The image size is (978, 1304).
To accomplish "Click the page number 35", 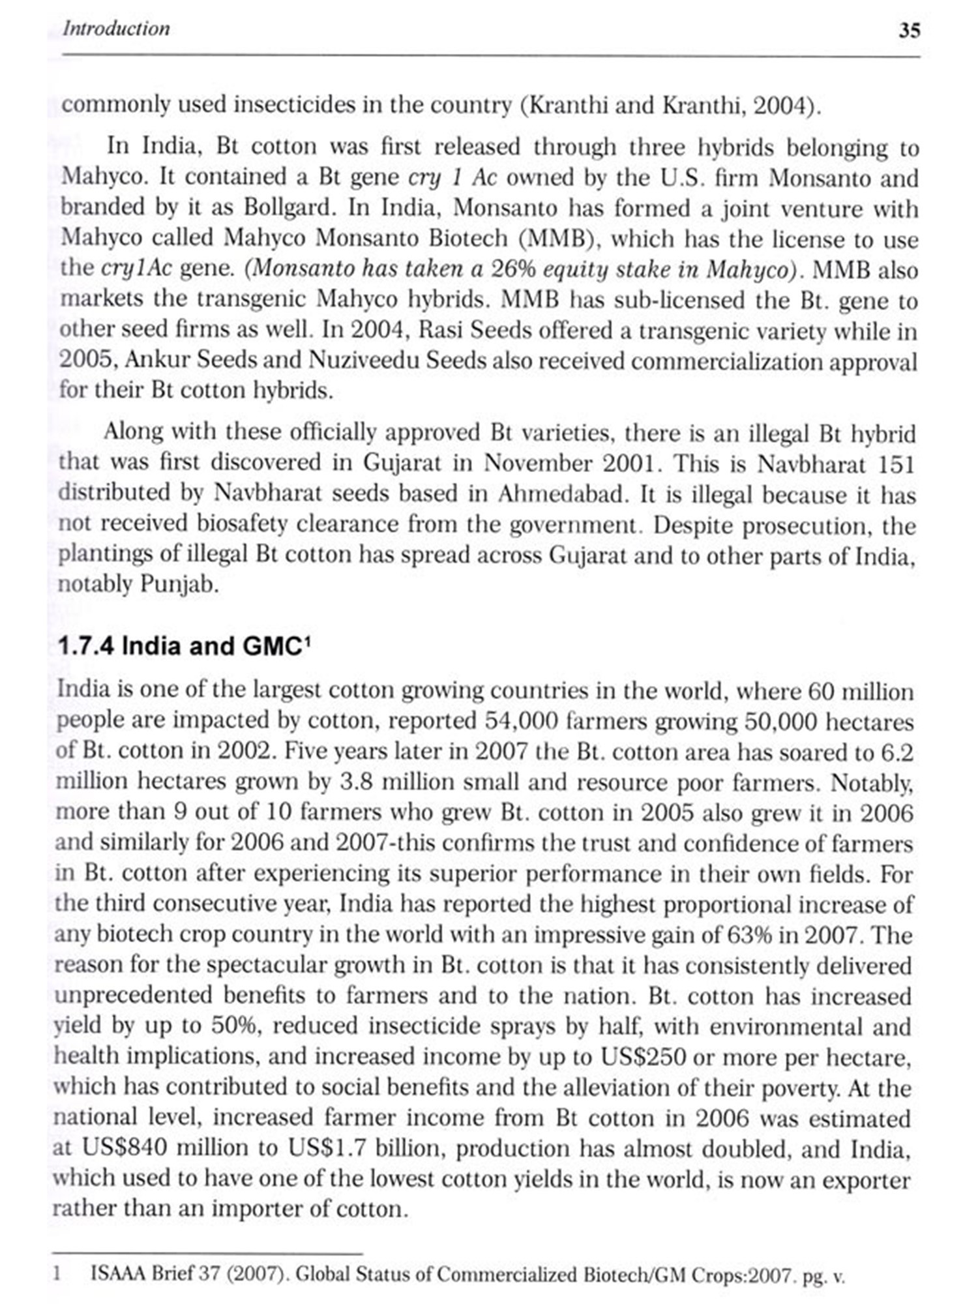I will click(x=909, y=31).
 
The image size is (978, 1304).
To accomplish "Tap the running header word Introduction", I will click(x=116, y=29).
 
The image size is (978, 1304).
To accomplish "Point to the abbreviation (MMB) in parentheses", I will click(x=556, y=239).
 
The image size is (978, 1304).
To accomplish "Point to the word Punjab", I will click(x=178, y=584).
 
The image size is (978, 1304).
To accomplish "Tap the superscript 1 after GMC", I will click(x=308, y=641).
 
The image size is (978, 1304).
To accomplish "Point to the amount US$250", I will click(x=642, y=1056).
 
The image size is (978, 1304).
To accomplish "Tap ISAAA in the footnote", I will click(x=117, y=1273).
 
